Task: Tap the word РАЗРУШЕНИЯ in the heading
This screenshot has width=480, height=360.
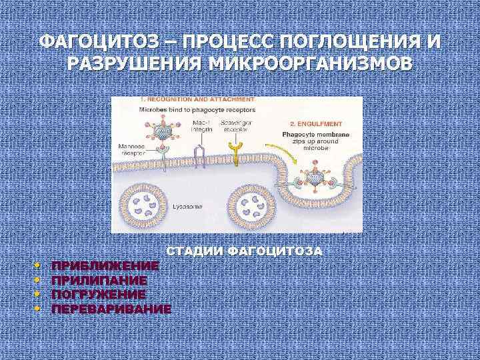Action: (135, 65)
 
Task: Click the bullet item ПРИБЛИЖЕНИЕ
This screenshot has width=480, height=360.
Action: (105, 265)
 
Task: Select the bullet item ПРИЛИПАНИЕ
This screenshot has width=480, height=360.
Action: (99, 280)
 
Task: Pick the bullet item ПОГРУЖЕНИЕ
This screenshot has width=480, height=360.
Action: (99, 294)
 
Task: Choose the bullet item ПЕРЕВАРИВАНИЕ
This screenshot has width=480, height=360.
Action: (111, 309)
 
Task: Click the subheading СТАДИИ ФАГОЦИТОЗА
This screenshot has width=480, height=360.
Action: (244, 251)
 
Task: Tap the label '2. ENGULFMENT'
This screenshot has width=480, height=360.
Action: (317, 124)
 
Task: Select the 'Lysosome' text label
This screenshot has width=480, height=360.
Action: (189, 207)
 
